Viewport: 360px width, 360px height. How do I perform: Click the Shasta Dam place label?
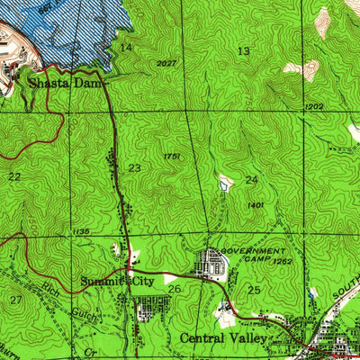point(65,83)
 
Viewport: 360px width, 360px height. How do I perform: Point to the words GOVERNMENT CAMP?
point(253,255)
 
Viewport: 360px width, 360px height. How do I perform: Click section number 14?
point(126,47)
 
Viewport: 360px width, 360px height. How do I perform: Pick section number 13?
point(243,51)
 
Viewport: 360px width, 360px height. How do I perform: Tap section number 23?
point(134,168)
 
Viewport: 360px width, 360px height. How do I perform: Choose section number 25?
point(254,290)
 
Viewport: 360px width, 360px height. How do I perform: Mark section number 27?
point(15,299)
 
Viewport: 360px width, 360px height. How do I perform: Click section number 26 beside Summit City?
point(175,289)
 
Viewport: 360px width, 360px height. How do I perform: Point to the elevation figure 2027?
point(166,63)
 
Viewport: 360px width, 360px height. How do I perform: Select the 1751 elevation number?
point(173,157)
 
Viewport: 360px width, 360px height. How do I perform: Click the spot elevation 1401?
point(255,205)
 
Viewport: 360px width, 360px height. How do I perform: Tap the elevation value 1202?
point(313,107)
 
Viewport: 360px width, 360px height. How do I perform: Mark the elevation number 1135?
point(79,232)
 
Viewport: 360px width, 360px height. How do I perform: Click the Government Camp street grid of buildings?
point(213,264)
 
